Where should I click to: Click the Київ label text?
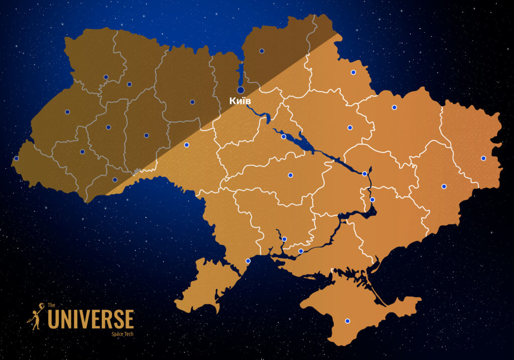[x=240, y=101]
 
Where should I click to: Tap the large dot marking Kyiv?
[x=241, y=90]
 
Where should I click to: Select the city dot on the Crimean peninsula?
[x=347, y=321]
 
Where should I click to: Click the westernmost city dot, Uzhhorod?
[x=16, y=158]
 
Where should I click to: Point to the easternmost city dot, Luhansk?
[x=483, y=158]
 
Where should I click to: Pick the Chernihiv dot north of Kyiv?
[x=262, y=51]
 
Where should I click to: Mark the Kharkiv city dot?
[x=395, y=107]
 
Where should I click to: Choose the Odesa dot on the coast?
[x=248, y=261]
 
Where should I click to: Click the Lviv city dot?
[x=67, y=111]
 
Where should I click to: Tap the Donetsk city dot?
[x=444, y=186]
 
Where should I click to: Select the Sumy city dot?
[x=353, y=72]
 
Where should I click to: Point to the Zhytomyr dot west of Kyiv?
[x=192, y=102]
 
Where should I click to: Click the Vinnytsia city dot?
[x=187, y=145]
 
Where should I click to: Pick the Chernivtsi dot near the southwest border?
[x=115, y=179]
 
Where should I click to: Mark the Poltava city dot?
[x=350, y=128]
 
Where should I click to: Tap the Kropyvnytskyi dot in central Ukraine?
[x=290, y=175]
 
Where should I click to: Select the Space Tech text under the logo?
[x=122, y=333]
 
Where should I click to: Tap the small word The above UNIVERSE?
[x=51, y=305]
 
